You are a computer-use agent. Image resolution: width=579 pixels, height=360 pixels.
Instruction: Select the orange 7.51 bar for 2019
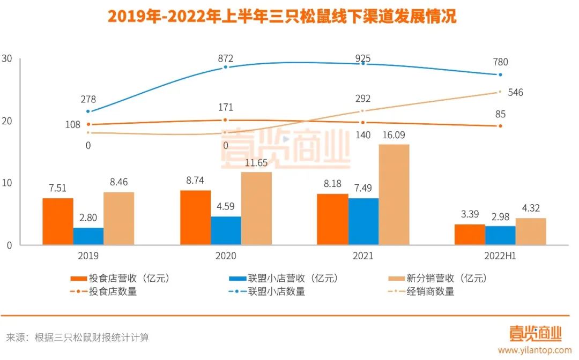pos(58,221)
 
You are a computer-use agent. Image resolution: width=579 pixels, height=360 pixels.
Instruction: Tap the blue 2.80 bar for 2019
pos(88,236)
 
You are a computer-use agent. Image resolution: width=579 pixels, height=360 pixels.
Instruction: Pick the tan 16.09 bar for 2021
pos(394,194)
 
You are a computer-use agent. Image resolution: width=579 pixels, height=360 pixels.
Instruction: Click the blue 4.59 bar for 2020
pos(226,230)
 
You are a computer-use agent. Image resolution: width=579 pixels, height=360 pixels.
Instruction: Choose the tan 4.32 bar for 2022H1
pos(531,231)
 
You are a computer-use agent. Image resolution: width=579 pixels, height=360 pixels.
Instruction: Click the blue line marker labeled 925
pos(363,63)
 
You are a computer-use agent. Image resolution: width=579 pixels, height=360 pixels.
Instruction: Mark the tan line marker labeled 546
pos(500,92)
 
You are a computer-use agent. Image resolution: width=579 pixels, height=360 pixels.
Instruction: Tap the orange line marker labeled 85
pos(500,126)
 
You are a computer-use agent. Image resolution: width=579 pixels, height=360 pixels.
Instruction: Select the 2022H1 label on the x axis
pos(500,256)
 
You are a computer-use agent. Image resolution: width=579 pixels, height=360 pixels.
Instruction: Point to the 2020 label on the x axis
pos(226,256)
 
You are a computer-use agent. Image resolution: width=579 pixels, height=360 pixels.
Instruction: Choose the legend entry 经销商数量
pos(429,291)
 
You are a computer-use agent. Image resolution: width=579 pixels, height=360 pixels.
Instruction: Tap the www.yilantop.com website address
pos(535,350)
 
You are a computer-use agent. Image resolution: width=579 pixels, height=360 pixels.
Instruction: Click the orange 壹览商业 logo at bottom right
pos(535,334)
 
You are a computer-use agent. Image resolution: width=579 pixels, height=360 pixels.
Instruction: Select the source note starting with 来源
pos(78,337)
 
